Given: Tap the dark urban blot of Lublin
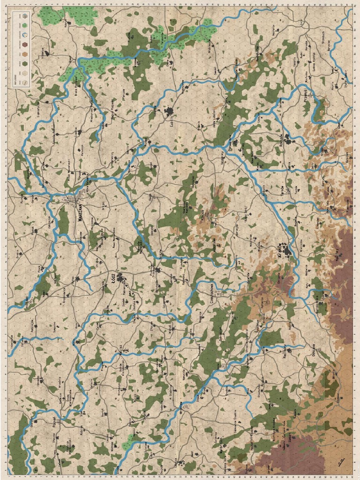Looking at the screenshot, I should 169,111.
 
